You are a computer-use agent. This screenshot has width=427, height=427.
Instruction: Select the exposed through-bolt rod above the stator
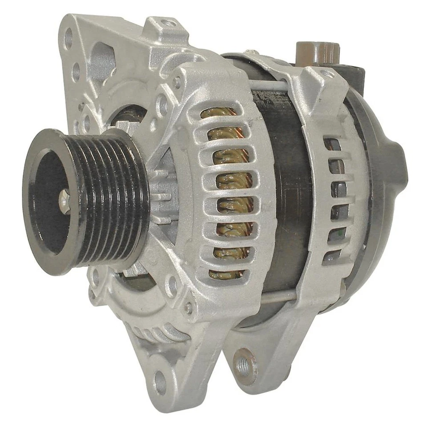click(271, 85)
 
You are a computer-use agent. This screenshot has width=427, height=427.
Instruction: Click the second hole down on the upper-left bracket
click(76, 71)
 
